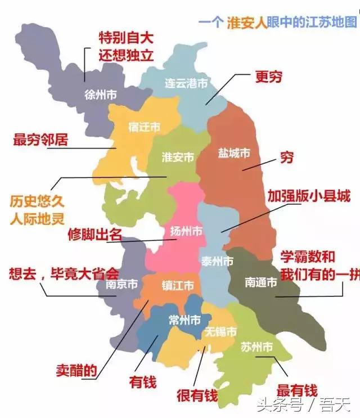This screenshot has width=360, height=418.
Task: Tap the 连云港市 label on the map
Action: pyautogui.click(x=186, y=83)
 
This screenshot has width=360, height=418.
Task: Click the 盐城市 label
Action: pyautogui.click(x=234, y=153)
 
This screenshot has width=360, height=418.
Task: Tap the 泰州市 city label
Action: pyautogui.click(x=217, y=261)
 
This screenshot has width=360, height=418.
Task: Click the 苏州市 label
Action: pyautogui.click(x=256, y=347)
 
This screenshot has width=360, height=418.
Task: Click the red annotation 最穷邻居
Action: pyautogui.click(x=40, y=140)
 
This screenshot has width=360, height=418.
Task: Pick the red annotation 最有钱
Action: pyautogui.click(x=297, y=390)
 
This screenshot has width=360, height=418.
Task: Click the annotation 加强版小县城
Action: pyautogui.click(x=309, y=196)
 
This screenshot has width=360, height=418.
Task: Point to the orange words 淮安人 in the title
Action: pyautogui.click(x=246, y=23)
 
